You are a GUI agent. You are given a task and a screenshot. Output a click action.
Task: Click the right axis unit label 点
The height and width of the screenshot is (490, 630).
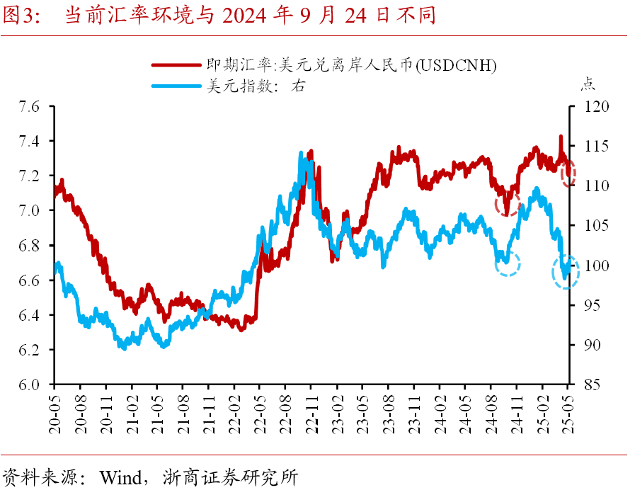588,84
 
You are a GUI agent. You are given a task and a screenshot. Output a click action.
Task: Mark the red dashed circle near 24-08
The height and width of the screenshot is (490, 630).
508,203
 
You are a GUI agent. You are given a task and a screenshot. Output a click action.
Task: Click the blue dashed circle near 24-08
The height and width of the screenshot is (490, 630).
508,263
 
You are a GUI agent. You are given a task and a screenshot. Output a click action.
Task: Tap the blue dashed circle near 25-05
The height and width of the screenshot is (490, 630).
566,272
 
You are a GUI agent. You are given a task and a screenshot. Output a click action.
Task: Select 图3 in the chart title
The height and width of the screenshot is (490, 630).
20,16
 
